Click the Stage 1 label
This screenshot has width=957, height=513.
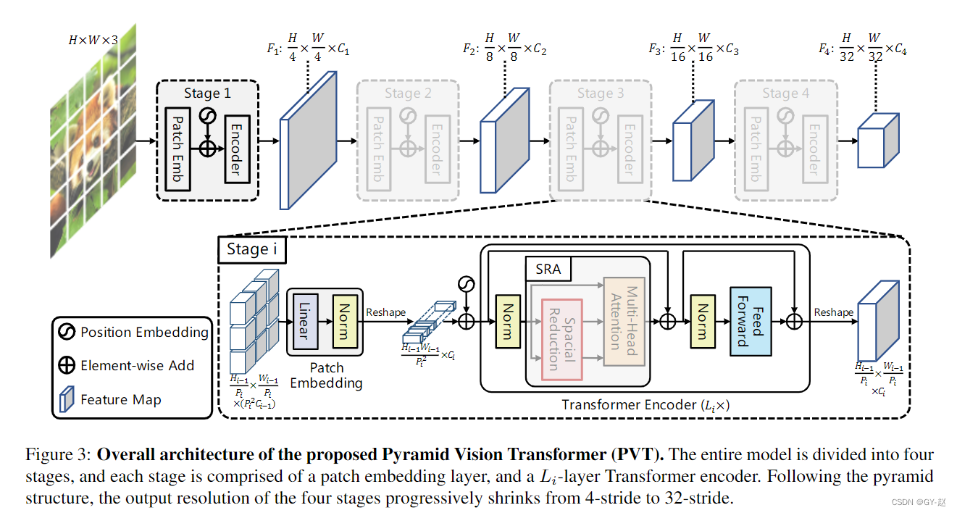(x=207, y=93)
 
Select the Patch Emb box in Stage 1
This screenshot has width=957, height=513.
(x=177, y=150)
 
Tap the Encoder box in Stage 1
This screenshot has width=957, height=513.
(x=237, y=149)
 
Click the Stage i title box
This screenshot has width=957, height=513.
(x=252, y=249)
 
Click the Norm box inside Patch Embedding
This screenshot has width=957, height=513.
(x=344, y=320)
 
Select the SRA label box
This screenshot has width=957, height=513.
(x=548, y=270)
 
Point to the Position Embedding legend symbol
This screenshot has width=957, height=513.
(x=67, y=333)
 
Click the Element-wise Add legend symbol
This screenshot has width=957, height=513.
(x=67, y=366)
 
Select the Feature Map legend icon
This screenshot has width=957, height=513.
(x=67, y=399)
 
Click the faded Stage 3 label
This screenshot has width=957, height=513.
(x=600, y=93)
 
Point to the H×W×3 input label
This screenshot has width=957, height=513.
(x=93, y=41)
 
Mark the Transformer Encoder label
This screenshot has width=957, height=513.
(x=645, y=405)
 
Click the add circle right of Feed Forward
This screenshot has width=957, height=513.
(x=795, y=320)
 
